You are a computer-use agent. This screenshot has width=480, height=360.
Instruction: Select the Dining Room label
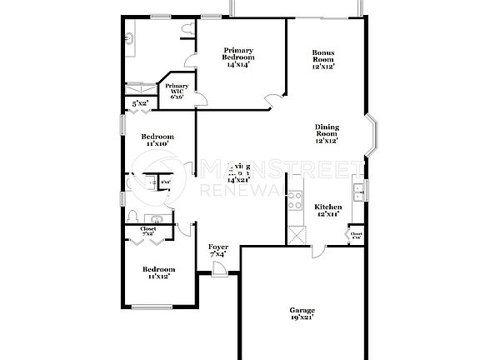click(x=326, y=134)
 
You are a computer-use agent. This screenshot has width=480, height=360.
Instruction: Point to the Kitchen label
click(x=327, y=209)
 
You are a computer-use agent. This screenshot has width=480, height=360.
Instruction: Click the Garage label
click(x=302, y=313)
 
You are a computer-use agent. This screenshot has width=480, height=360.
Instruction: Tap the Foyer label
click(x=217, y=250)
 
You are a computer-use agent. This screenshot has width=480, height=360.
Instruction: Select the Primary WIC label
click(x=177, y=91)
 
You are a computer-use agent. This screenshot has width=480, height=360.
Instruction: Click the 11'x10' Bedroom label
click(x=157, y=140)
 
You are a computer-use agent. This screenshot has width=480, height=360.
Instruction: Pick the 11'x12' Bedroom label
click(x=158, y=272)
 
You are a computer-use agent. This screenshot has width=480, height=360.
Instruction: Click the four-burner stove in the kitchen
click(x=294, y=200)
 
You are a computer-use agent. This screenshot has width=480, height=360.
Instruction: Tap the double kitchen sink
click(x=359, y=193)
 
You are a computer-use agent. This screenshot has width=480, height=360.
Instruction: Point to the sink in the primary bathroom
click(x=131, y=38)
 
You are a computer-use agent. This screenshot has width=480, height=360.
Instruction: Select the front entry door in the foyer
click(x=218, y=269)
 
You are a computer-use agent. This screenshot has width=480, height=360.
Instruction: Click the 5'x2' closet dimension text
click(x=140, y=103)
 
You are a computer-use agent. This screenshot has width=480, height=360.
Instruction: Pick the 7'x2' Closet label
click(x=148, y=232)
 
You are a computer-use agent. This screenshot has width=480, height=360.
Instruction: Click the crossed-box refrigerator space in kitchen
click(x=296, y=233)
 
